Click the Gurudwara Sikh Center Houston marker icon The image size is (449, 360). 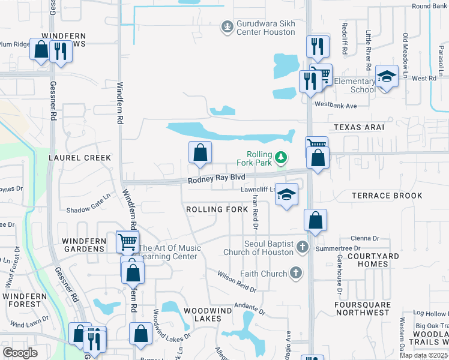227,26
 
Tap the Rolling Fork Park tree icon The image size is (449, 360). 280,158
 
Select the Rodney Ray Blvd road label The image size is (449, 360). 216,179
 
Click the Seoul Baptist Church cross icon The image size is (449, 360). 302,247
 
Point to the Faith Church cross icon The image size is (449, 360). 295,274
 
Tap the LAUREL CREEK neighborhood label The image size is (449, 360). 80,158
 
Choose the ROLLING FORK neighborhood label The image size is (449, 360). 217,209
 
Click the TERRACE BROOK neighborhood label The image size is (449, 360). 387,196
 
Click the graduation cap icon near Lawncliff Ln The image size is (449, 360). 287,194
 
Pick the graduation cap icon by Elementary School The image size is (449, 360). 387,76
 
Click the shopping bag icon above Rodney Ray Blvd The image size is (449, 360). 200,153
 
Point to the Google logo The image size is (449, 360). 20,352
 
